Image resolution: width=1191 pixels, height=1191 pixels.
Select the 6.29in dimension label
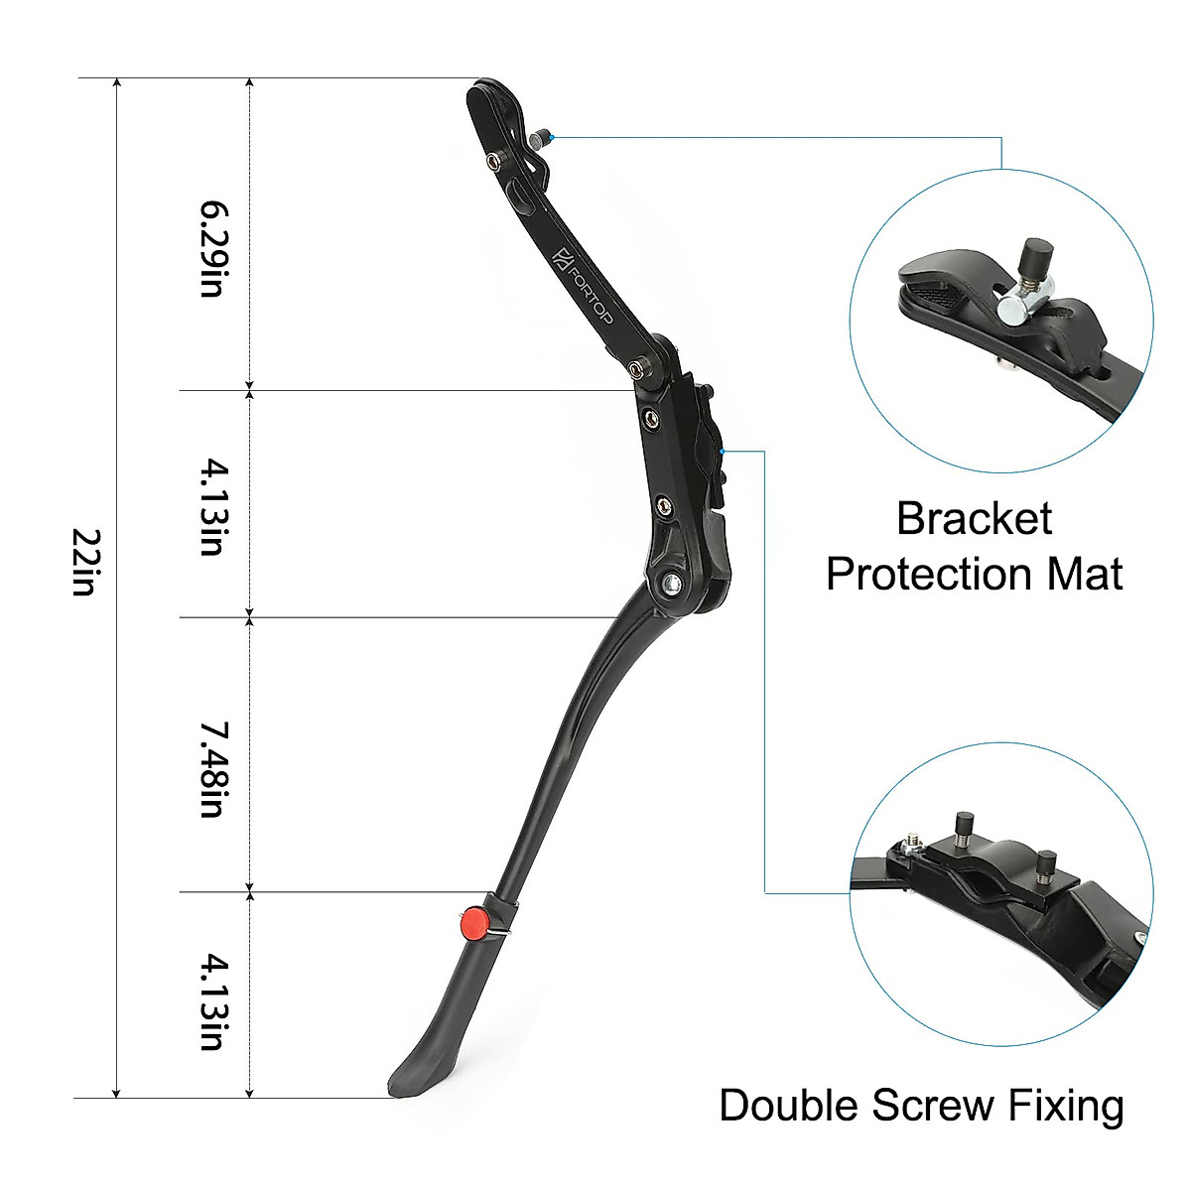[x=212, y=248]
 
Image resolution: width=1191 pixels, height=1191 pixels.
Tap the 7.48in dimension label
[x=212, y=770]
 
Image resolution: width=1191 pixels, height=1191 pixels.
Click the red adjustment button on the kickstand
[x=474, y=925]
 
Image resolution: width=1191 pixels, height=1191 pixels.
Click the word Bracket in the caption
[x=974, y=519]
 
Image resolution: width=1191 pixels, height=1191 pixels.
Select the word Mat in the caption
[x=1083, y=574]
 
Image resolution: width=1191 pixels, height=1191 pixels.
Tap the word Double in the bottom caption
[x=789, y=1106]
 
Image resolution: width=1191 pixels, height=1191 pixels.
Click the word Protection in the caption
[x=929, y=574]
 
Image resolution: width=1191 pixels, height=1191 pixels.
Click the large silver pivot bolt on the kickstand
[x=673, y=585]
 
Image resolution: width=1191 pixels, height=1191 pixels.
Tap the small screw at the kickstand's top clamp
[x=541, y=138]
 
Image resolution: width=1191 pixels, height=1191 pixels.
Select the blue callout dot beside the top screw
[x=553, y=137]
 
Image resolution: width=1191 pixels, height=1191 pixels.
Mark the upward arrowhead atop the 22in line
[x=117, y=84]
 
